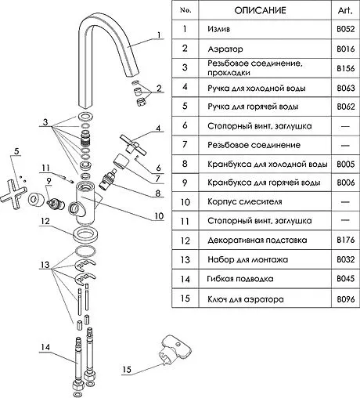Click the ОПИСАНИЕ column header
[x=260, y=10]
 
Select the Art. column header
[x=345, y=10]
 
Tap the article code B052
[x=346, y=29]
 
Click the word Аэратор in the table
[x=225, y=49]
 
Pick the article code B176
[x=346, y=240]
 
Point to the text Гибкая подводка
[x=240, y=279]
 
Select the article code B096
[x=346, y=298]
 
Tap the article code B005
[x=346, y=164]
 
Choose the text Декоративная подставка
[x=257, y=240]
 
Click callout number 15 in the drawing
[x=127, y=370]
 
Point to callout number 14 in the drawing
[x=45, y=347]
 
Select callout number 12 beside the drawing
[x=45, y=221]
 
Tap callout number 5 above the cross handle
[x=16, y=151]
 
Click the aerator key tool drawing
[x=174, y=349]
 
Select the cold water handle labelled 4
[x=133, y=144]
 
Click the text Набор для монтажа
[x=248, y=259]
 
